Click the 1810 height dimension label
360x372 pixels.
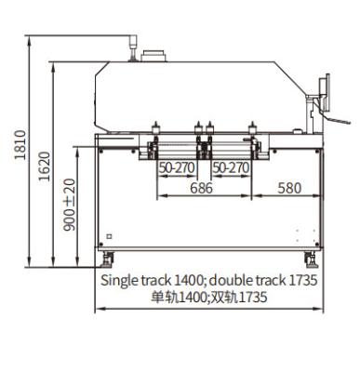click(20, 145)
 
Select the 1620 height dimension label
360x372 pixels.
click(45, 166)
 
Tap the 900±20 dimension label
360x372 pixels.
click(70, 205)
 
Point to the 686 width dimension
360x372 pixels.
click(201, 188)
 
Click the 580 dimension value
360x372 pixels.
click(289, 188)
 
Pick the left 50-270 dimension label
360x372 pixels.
click(177, 168)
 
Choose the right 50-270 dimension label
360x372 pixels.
click(231, 168)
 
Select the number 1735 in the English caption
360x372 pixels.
click(303, 280)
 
